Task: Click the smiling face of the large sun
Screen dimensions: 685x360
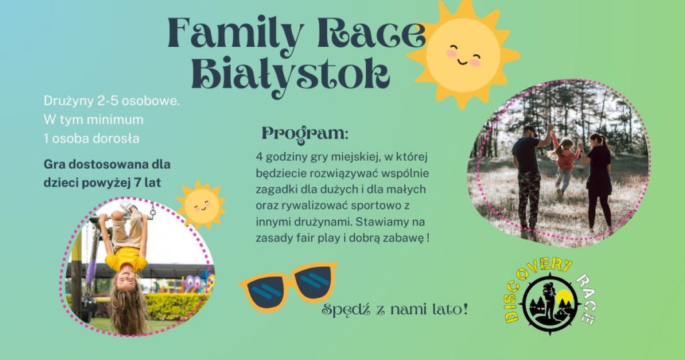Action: (x=463, y=55)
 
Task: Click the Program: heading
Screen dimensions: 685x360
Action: (x=305, y=134)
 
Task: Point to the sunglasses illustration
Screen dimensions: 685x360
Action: (x=289, y=285)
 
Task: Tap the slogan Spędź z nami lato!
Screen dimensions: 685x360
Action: (x=395, y=310)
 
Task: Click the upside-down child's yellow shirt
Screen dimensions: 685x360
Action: (x=126, y=259)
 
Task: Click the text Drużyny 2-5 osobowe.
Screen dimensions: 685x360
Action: (x=112, y=101)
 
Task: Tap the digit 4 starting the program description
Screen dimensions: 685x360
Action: (x=259, y=157)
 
